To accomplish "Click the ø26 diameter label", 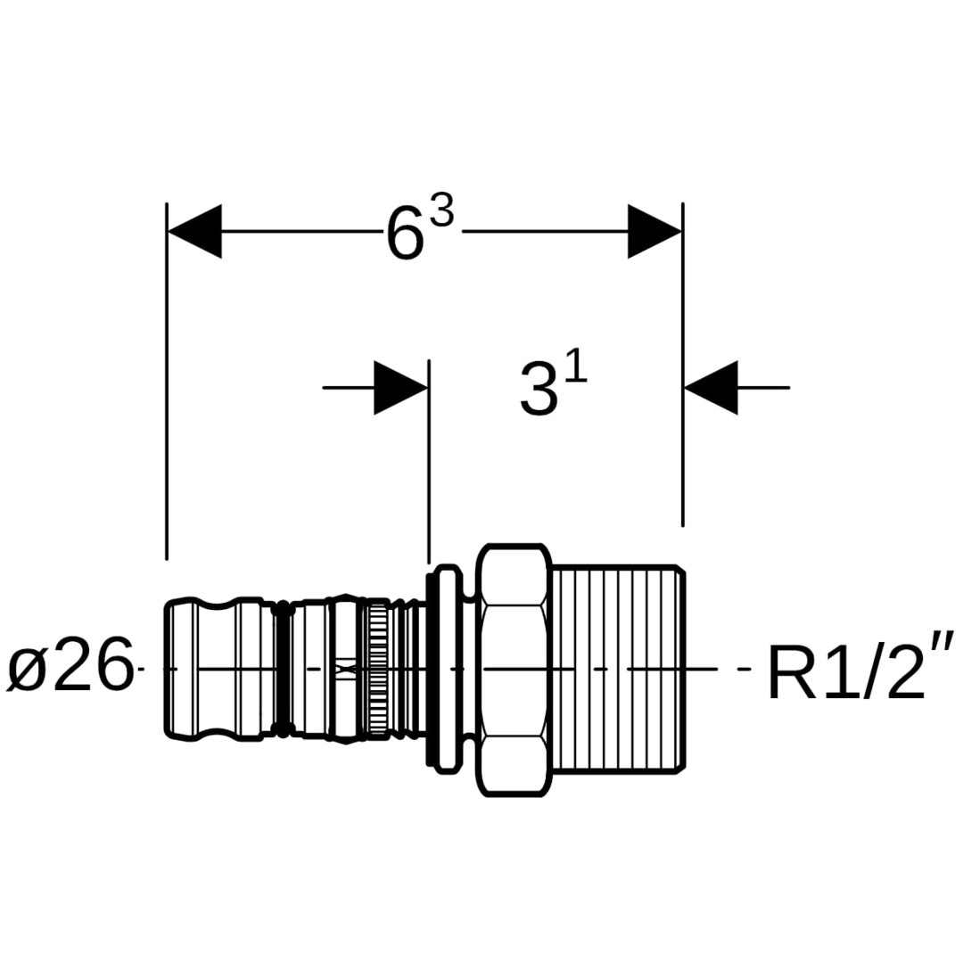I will click(70, 668).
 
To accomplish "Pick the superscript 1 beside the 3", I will click(576, 367).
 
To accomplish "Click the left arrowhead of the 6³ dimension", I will click(194, 232).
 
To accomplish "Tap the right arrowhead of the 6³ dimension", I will click(654, 232).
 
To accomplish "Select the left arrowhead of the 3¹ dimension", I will click(400, 388).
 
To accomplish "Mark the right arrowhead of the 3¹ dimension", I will click(711, 388).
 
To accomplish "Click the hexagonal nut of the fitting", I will click(513, 669).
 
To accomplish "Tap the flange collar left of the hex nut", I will click(446, 669).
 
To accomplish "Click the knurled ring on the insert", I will click(378, 669).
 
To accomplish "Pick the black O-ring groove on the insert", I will click(283, 669).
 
